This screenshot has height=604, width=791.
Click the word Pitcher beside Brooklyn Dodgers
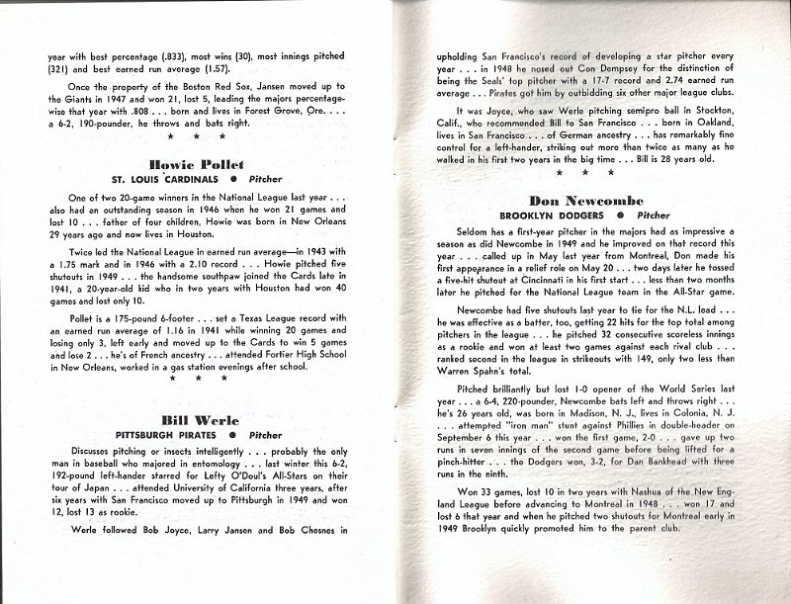(653, 215)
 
